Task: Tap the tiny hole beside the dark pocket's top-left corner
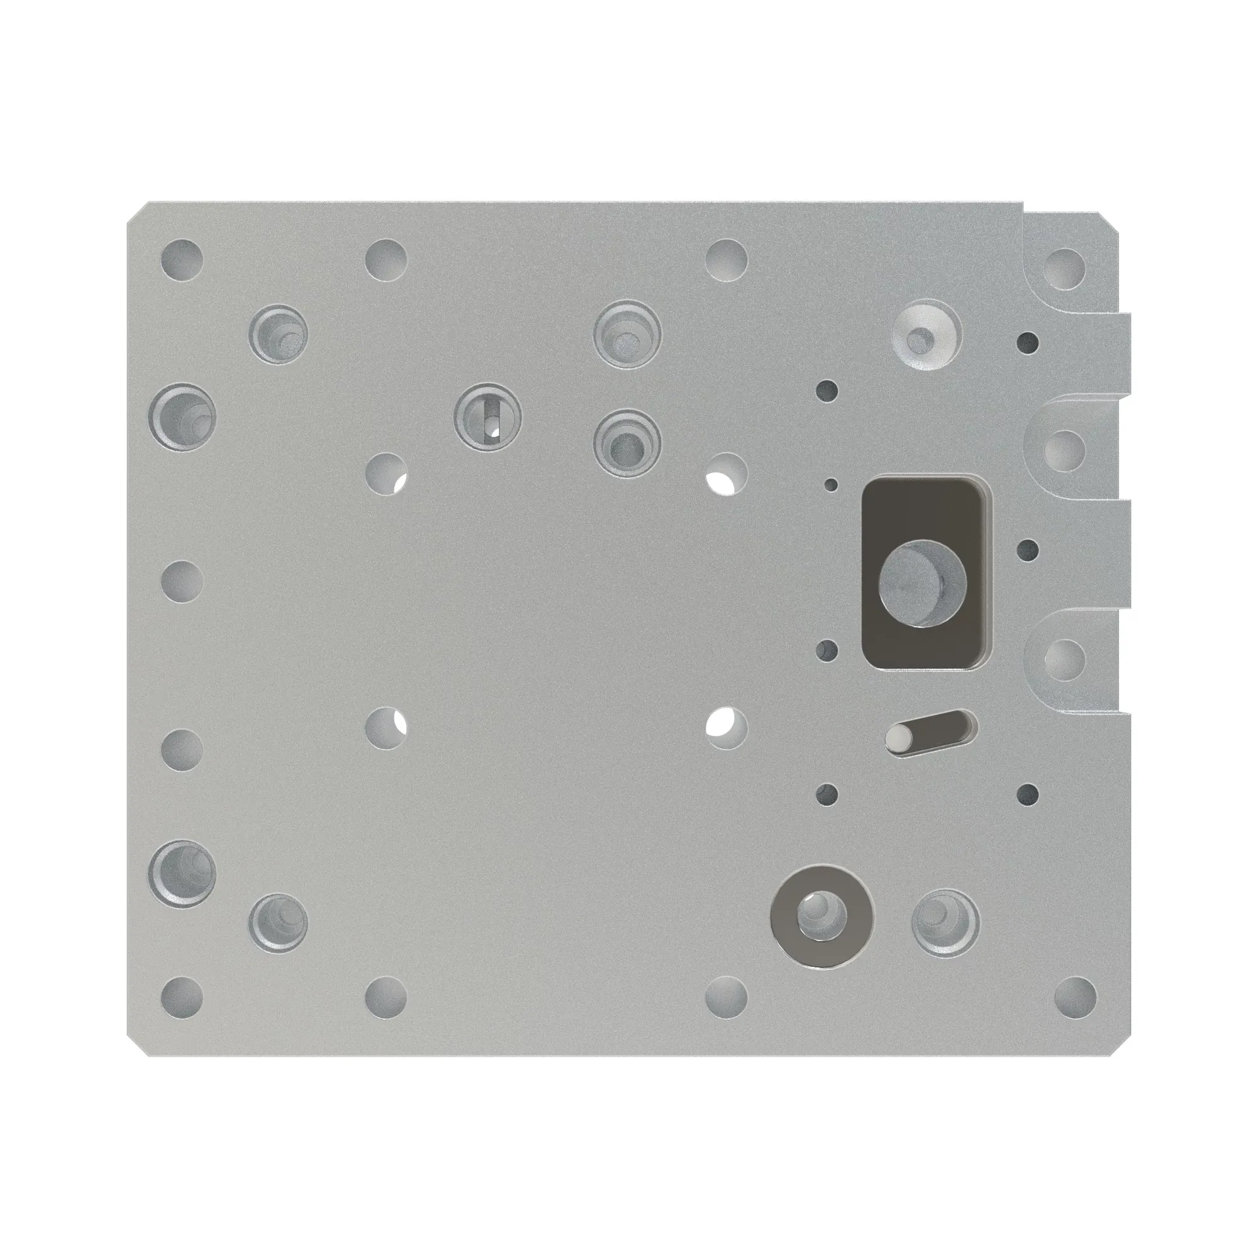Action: pos(831,484)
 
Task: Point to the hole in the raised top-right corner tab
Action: pos(1066,269)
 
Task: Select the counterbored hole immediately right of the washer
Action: pos(945,922)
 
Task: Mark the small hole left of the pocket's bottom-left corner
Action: pos(827,650)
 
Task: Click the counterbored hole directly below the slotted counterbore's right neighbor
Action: pos(626,443)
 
